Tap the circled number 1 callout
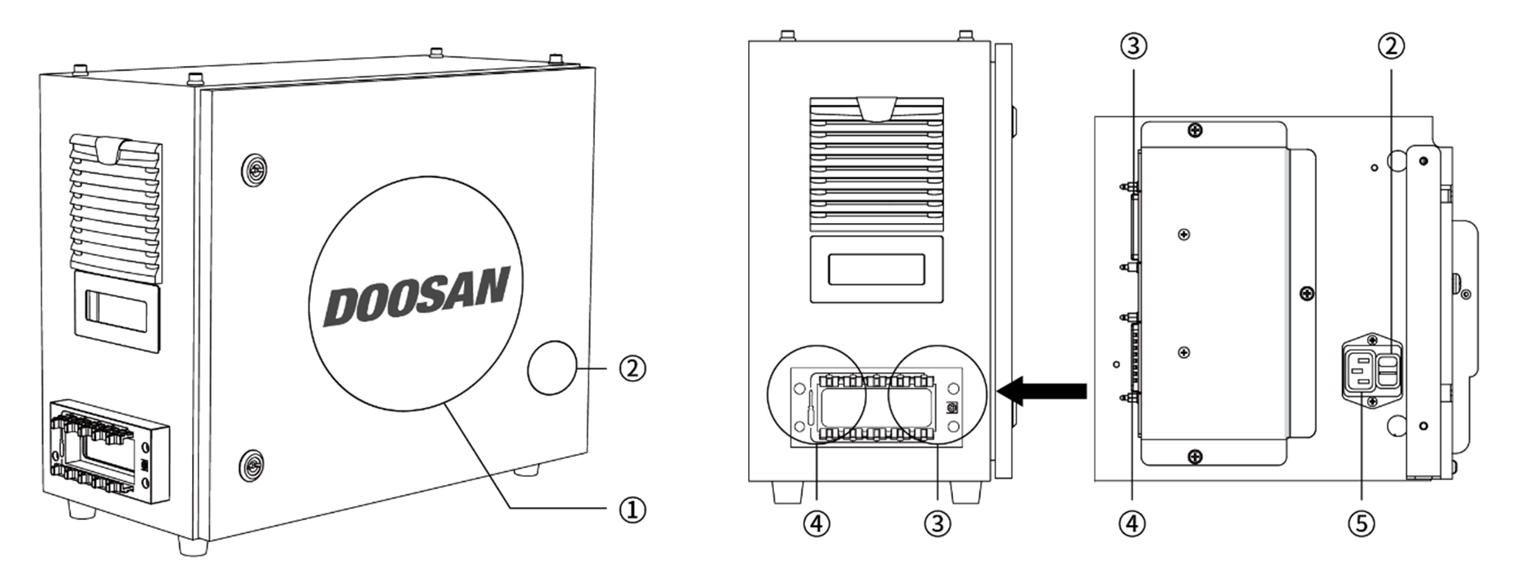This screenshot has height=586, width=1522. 632,510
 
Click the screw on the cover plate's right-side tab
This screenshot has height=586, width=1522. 1306,293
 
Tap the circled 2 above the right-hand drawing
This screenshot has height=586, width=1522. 1391,46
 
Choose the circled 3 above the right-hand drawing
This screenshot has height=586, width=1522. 1134,46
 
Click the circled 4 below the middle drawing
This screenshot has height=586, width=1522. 816,523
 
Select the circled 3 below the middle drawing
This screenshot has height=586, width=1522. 937,523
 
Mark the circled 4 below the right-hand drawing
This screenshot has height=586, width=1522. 1133,523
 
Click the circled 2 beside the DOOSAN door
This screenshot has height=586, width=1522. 632,369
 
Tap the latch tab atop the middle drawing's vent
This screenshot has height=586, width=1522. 877,107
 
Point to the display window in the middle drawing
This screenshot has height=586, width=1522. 877,269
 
